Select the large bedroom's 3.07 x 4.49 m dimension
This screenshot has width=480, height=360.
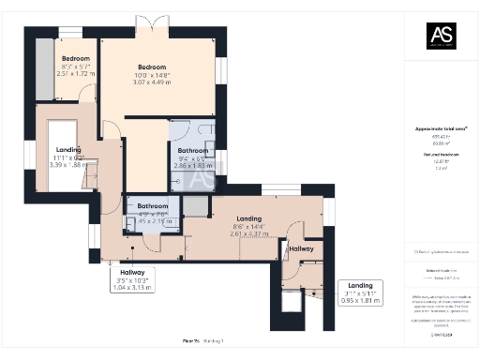tap(152, 82)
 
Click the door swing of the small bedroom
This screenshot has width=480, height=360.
tap(86, 93)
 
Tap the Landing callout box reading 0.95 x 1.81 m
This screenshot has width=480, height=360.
tap(360, 292)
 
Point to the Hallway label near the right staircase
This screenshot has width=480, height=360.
tap(301, 248)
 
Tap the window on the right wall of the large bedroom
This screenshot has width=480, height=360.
tap(221, 70)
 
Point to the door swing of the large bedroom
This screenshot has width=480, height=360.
tap(110, 130)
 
